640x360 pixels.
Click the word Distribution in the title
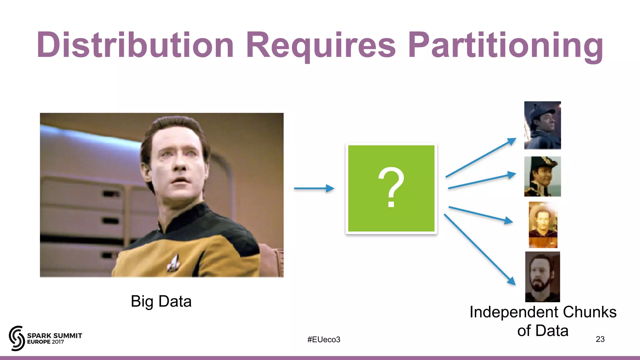[x=135, y=45]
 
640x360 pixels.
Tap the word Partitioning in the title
[x=505, y=45]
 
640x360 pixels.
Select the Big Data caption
[x=161, y=302]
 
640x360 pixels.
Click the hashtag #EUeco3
[x=323, y=339]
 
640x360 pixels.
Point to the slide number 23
[x=600, y=339]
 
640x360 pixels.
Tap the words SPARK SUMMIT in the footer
[x=55, y=336]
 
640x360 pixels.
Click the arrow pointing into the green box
[x=314, y=188]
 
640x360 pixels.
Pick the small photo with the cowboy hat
[x=543, y=225]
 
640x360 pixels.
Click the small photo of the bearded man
[x=542, y=277]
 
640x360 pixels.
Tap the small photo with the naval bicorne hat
[x=542, y=176]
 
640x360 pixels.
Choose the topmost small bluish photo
[x=542, y=125]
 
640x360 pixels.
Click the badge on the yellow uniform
[x=173, y=262]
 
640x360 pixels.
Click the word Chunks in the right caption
[x=590, y=312]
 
